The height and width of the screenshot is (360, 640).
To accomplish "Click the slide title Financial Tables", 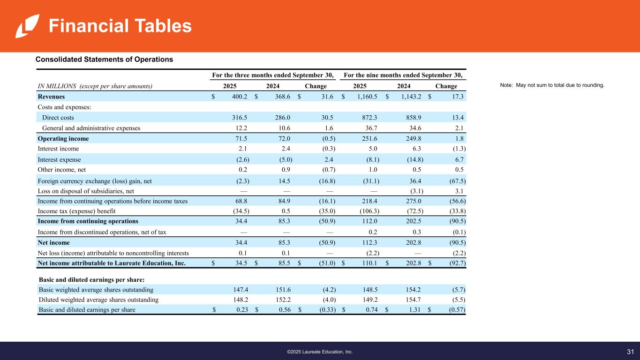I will (x=120, y=26).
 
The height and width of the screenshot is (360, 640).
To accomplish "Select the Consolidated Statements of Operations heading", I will (x=104, y=60).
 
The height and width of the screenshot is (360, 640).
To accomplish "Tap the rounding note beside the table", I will (x=552, y=85).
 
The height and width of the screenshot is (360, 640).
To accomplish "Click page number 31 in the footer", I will (x=630, y=352).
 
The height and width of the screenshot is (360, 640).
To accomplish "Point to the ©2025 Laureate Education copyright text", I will (x=320, y=352).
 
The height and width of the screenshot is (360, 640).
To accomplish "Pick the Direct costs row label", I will (x=58, y=117).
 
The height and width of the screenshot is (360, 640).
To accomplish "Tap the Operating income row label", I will (x=63, y=139).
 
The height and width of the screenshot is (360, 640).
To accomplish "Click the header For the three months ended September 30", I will (x=273, y=75).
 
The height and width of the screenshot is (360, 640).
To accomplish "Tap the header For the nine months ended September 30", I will (x=403, y=75).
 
